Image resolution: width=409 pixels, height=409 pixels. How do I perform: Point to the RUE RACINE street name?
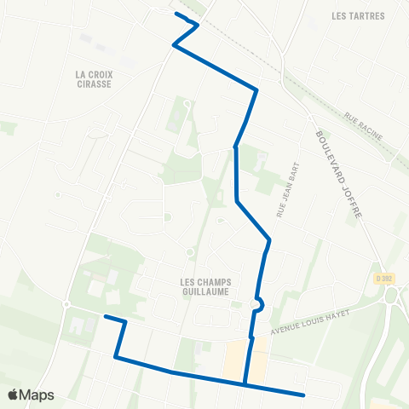pyautogui.click(x=363, y=124)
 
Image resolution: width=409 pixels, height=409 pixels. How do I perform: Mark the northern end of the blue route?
pyautogui.click(x=176, y=14)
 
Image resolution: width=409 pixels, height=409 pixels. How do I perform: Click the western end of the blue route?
pyautogui.click(x=106, y=317)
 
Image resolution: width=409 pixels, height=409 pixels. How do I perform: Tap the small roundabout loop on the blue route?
pyautogui.click(x=258, y=304)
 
